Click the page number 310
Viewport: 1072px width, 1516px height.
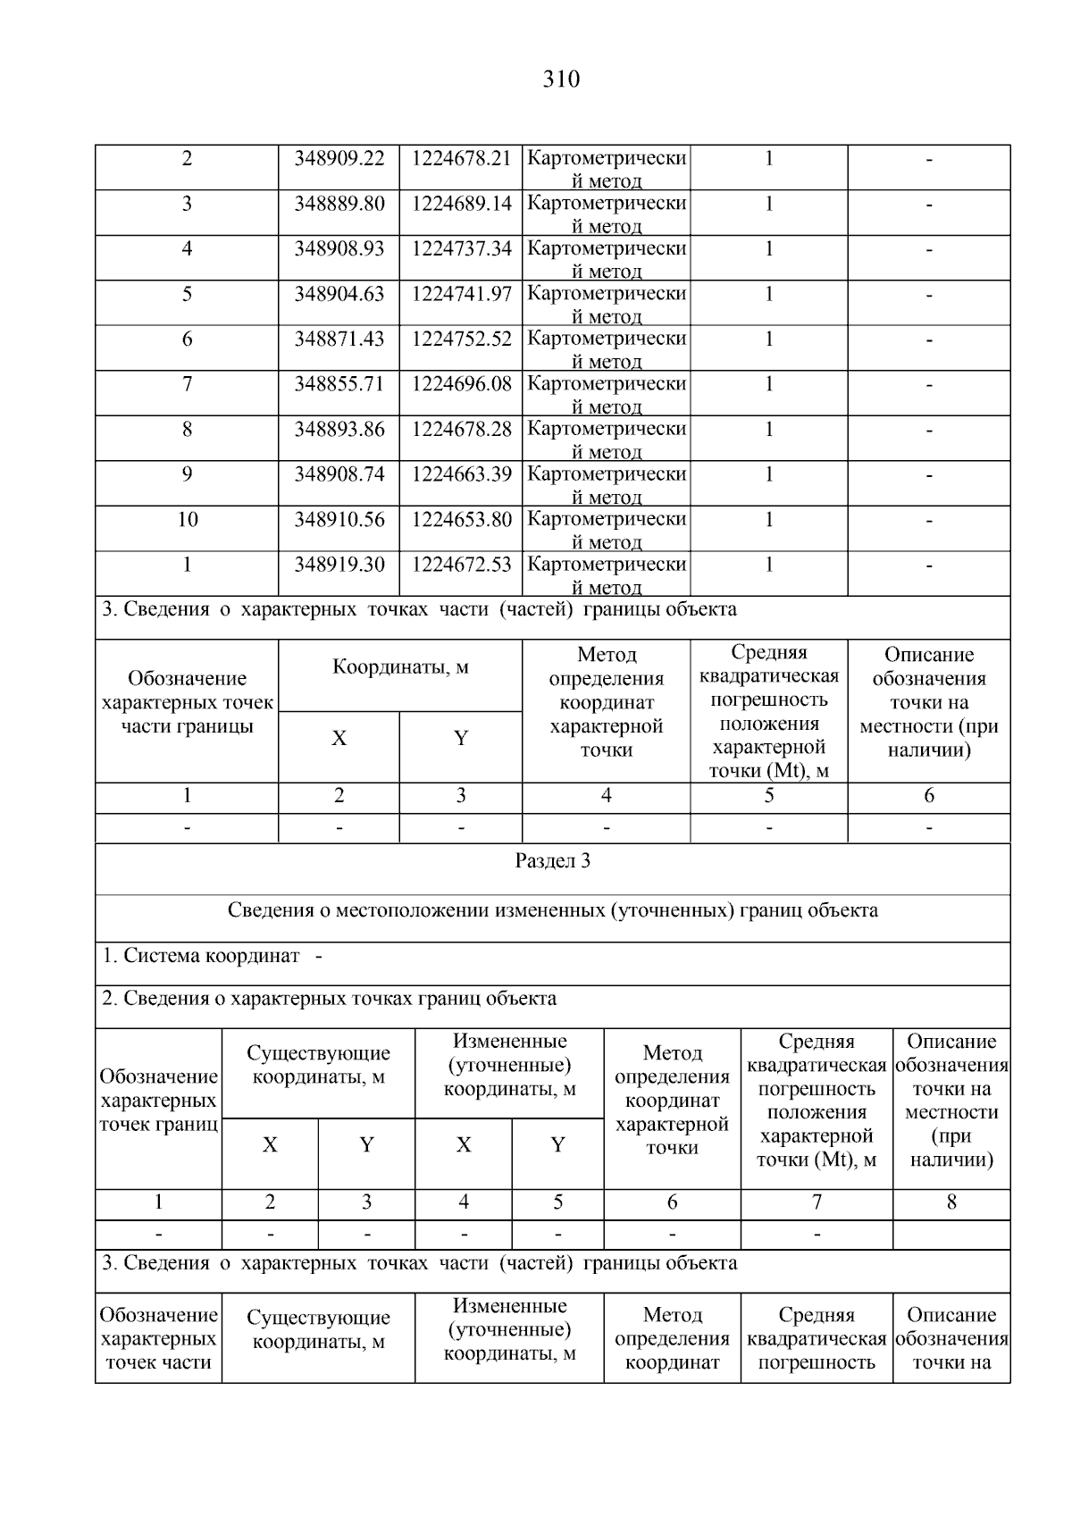561,80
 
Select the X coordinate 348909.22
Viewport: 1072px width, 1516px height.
339,158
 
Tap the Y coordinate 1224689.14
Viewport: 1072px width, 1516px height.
461,204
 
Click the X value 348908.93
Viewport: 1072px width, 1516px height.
339,248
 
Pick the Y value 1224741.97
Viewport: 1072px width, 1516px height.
461,294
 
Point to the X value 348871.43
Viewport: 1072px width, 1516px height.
339,339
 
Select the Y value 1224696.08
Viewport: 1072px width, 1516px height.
461,384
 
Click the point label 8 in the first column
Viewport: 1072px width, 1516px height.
187,429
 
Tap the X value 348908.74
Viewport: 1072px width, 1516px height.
339,474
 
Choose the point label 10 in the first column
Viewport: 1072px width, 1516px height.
187,519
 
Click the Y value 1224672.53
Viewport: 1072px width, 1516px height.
461,565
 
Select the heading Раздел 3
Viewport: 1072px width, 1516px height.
552,861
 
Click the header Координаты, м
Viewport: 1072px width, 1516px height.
400,667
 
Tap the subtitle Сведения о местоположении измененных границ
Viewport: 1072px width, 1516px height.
552,910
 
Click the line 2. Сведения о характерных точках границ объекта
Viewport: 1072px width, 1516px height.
329,999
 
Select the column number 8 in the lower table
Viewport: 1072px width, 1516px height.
951,1202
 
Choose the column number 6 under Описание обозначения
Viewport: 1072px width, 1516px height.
929,796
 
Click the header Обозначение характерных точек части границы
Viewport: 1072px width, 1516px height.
187,702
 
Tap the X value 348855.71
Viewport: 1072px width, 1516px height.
339,384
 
